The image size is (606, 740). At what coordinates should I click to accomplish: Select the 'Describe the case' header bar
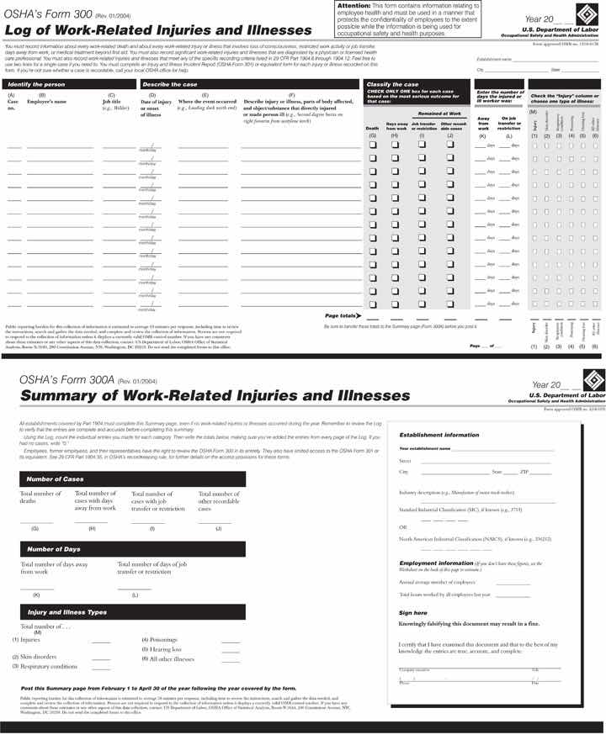coord(169,85)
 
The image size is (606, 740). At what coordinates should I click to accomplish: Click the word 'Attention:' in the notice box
coord(353,6)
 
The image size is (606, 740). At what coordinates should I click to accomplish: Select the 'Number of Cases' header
coord(56,478)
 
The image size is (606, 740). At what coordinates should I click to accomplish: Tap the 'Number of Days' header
coord(54,549)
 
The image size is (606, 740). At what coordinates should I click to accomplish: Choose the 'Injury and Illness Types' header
coord(67,611)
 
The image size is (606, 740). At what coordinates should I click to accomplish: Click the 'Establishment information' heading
coord(439,435)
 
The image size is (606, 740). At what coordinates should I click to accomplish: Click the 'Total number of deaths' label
coord(40,497)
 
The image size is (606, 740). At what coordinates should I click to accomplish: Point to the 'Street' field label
coord(405,461)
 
